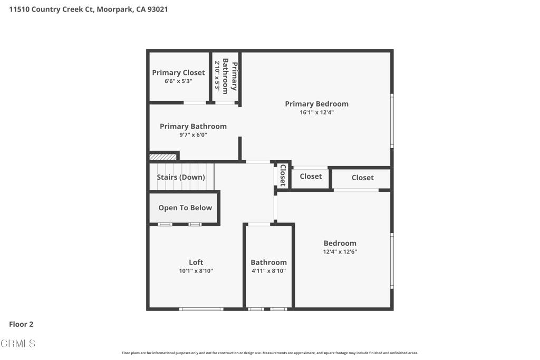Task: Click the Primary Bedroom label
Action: coord(316,104)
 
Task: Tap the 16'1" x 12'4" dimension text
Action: coord(316,112)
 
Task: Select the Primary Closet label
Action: coord(178,73)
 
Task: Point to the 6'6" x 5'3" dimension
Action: coord(178,81)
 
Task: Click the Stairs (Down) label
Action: coord(181,177)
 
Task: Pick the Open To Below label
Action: coord(185,208)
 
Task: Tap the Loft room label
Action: coord(196,262)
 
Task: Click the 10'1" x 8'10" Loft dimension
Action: coord(196,271)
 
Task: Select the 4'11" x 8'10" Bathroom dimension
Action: coord(268,271)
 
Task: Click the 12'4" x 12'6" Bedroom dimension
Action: coord(340,251)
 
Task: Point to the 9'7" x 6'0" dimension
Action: coord(193,135)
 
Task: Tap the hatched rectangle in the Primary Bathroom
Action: coord(163,157)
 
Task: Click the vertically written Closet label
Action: coord(283,176)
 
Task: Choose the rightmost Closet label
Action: coord(363,178)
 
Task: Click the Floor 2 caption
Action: coord(21,324)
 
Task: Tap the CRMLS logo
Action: coord(18,343)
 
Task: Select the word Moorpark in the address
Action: coord(115,9)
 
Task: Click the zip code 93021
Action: coord(157,9)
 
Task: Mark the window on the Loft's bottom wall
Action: coord(201,309)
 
